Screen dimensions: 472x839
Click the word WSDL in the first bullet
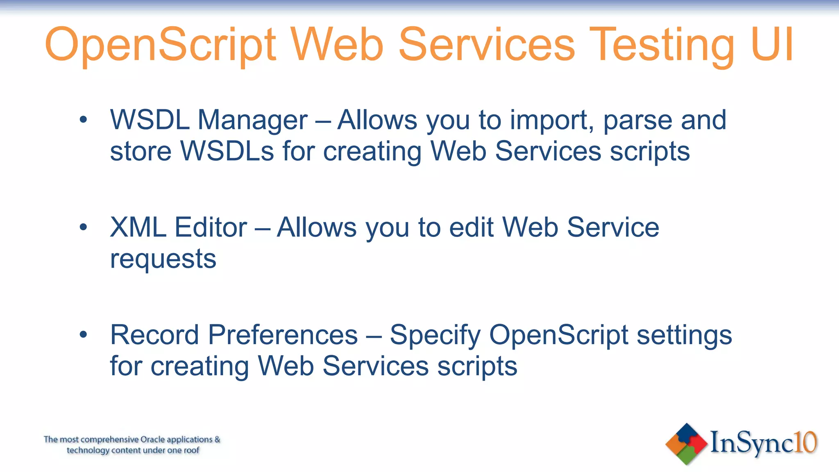coord(150,120)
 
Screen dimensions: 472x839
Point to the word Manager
coord(252,121)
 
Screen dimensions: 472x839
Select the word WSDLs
coord(227,151)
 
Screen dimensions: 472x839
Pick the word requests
coord(163,260)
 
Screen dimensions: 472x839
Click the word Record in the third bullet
coord(155,335)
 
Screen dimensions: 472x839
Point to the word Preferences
coord(283,335)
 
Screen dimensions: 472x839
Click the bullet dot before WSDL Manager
coord(84,120)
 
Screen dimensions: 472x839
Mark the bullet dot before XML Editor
coord(84,227)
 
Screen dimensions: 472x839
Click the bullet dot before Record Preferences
coord(84,335)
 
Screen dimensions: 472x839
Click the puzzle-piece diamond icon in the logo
coord(686,444)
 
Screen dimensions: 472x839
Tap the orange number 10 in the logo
coord(805,442)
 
